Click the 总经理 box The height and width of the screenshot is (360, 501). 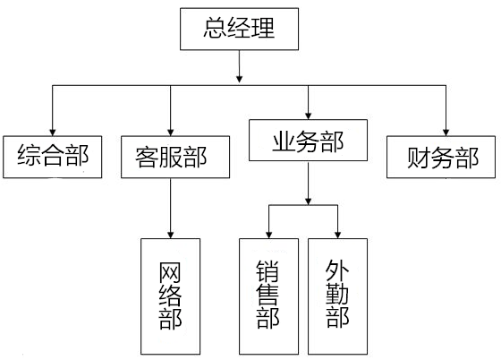coord(240,29)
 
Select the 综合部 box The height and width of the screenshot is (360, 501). coord(53,157)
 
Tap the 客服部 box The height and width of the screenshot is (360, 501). coord(175,157)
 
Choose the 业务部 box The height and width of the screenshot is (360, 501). coord(308,140)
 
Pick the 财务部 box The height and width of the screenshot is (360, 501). coord(441,157)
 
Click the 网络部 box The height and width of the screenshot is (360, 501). coord(171,296)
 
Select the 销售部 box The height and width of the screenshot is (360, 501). coord(268,296)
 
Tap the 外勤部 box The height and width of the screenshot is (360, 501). coord(338,296)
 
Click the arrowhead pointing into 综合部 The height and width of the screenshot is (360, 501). coord(53,133)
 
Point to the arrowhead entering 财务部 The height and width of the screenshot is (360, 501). coord(446,133)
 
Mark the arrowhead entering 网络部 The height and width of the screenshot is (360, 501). coord(171,235)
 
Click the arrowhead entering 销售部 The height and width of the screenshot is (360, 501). coord(269,235)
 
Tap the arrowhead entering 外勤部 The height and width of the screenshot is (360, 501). coord(338,235)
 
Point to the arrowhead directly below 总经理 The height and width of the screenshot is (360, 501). coord(240,79)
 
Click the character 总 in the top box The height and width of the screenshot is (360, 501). coord(215,28)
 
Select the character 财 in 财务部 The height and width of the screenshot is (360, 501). coord(419,158)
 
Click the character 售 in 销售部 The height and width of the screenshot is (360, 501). coord(268,296)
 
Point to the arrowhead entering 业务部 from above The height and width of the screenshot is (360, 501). coord(309,116)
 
